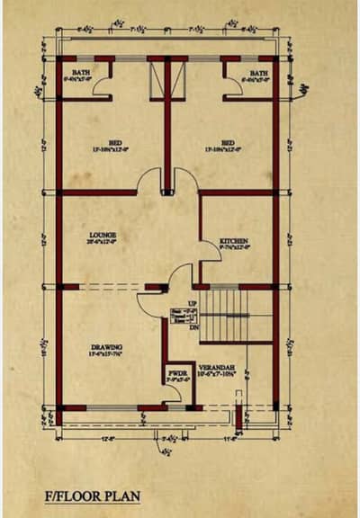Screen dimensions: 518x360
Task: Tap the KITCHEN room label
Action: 233,241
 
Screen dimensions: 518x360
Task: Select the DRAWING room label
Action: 106,346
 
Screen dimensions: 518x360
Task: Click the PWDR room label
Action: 176,372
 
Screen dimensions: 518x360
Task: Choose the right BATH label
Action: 258,72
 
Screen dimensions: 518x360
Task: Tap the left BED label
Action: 115,142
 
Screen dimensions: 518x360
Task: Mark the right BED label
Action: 229,142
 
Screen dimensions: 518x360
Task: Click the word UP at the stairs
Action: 192,303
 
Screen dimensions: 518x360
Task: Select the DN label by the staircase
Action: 192,330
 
